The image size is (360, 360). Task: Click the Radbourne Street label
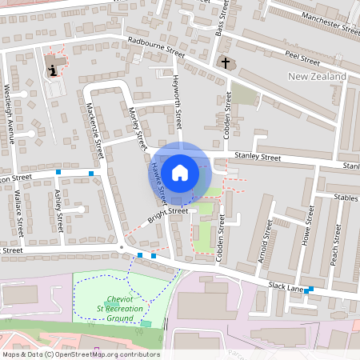[156, 47]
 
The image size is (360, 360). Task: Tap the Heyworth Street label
[177, 101]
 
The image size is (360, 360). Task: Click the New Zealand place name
[317, 77]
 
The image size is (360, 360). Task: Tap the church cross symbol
[225, 62]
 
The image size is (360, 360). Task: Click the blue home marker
[180, 172]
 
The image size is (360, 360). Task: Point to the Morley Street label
[136, 128]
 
